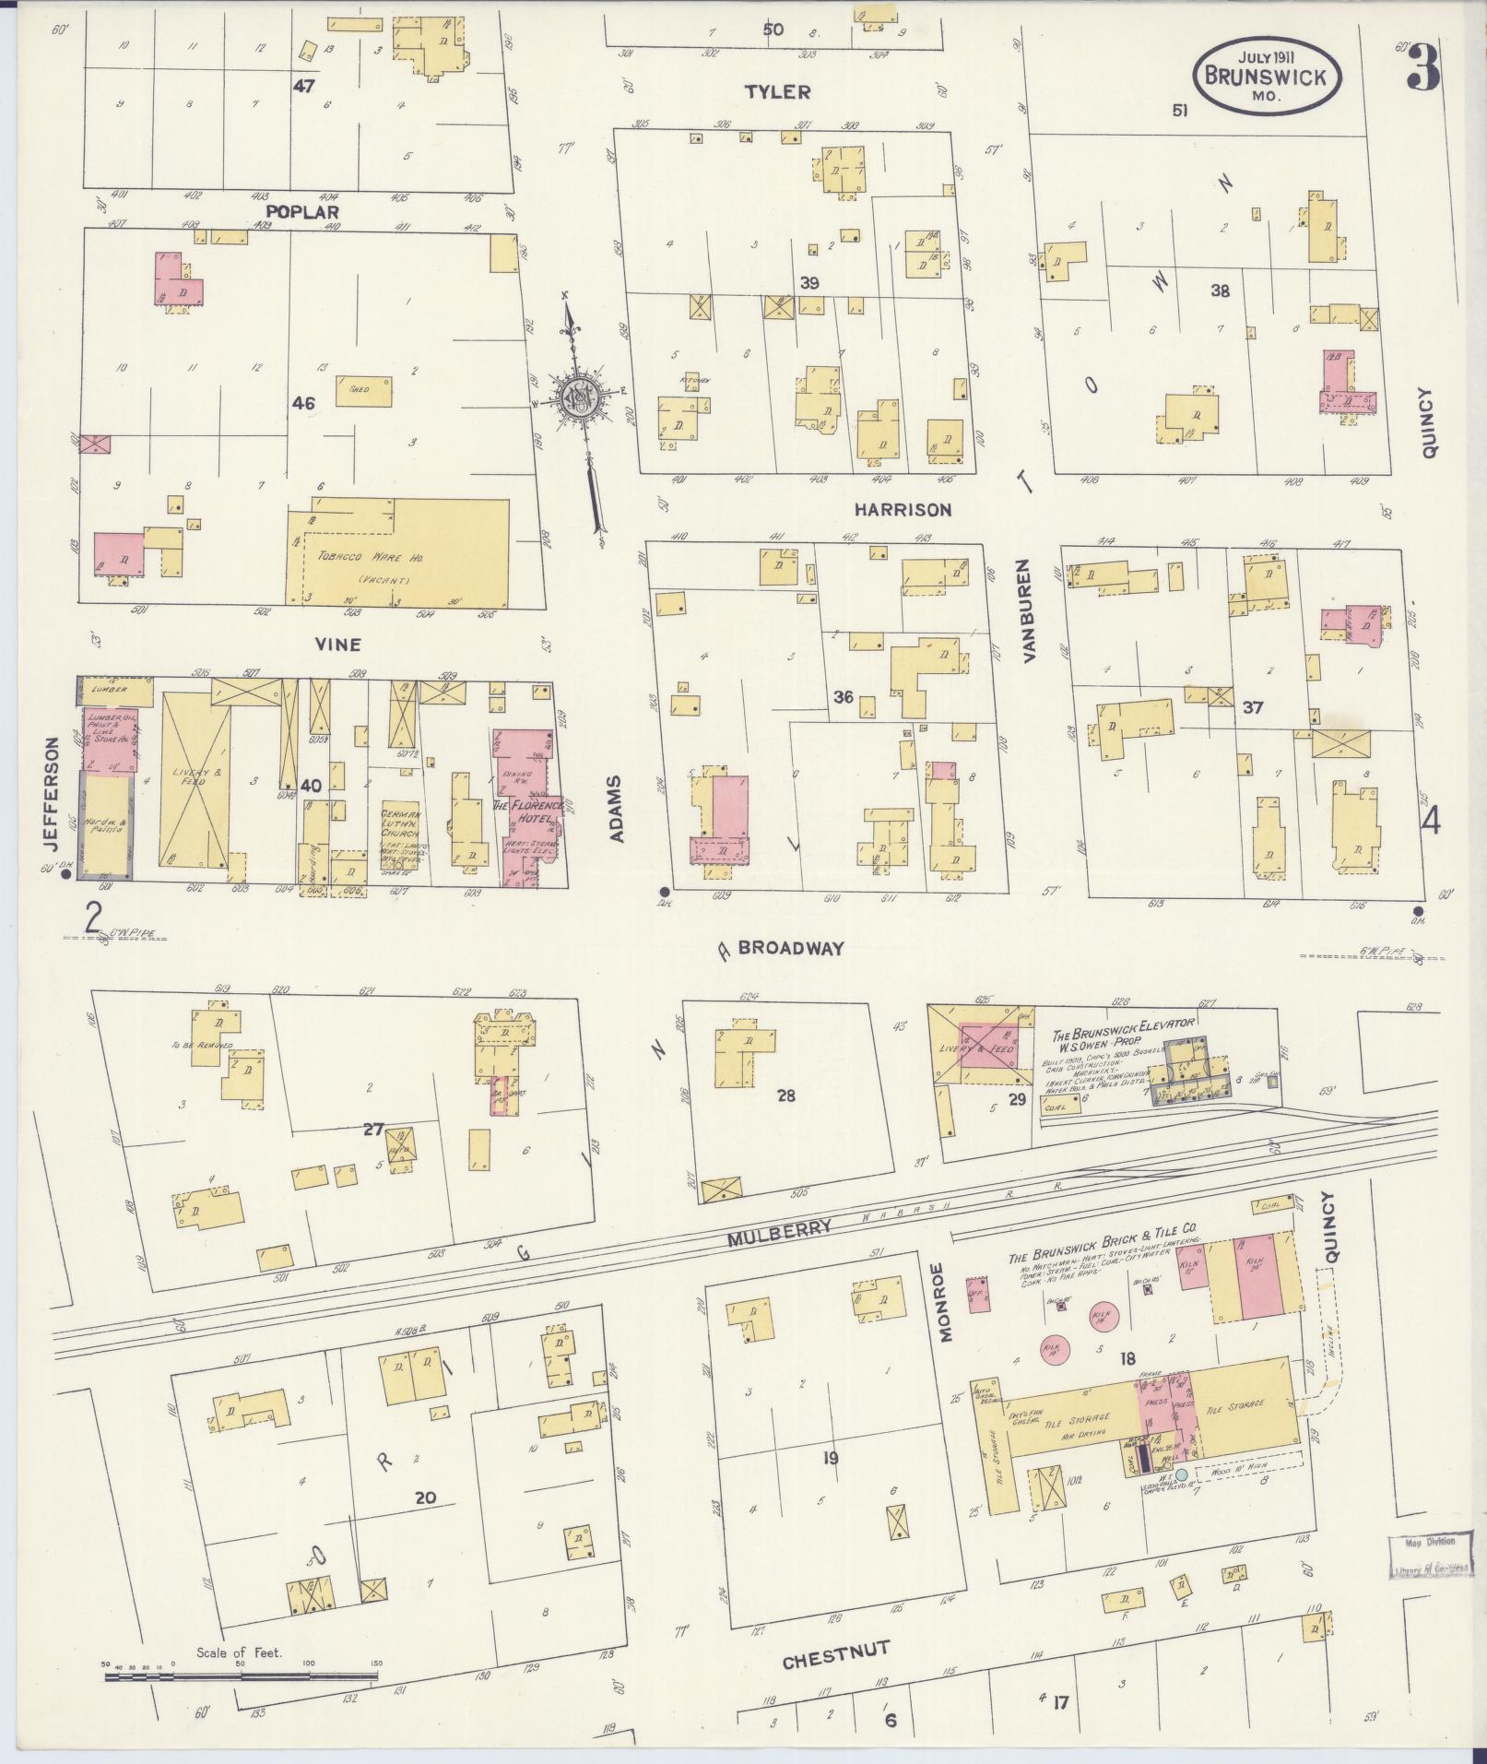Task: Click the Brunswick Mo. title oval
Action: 1268,76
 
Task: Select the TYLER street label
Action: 777,91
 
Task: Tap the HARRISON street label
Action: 902,509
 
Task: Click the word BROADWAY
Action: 790,947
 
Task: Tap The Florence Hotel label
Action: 528,811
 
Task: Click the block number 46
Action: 302,403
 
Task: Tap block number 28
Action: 785,1095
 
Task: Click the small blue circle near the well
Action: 1181,1475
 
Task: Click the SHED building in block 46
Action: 360,389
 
